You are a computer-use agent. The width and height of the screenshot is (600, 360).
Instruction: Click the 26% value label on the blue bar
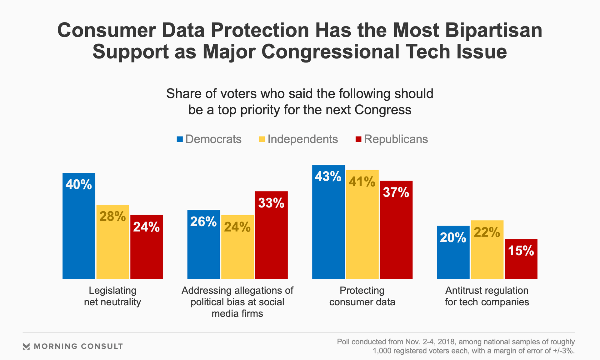click(x=203, y=222)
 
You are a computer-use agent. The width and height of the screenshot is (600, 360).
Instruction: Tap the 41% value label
click(x=362, y=182)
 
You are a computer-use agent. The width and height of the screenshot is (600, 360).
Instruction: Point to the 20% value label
click(x=453, y=238)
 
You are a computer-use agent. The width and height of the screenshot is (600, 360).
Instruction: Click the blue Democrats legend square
click(x=180, y=139)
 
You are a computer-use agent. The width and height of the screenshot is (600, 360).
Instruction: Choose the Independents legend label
click(x=302, y=139)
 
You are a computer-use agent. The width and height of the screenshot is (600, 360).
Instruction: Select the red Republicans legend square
click(x=358, y=139)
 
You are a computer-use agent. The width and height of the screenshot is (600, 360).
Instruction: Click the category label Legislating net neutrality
click(x=112, y=296)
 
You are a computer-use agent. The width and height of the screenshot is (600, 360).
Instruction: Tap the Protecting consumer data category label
click(x=362, y=296)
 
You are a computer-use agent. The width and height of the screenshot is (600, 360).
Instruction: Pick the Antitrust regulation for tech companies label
click(x=487, y=296)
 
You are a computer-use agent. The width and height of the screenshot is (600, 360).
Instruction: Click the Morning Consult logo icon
click(x=26, y=346)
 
